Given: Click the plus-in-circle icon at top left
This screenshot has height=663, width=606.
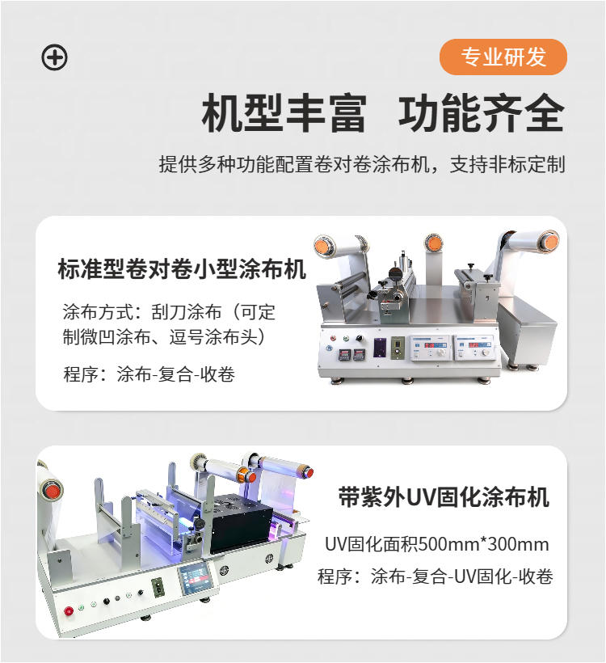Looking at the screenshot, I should pos(54,57).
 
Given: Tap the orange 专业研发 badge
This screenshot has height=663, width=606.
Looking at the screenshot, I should pos(503,57).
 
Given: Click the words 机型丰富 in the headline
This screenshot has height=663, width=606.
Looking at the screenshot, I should pos(284,112).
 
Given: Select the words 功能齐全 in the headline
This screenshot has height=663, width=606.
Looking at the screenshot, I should pos(481,112).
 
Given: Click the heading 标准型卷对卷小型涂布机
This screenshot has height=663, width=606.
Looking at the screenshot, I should pos(183,269).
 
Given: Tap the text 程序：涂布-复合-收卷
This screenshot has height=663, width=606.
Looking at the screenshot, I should pos(149,374).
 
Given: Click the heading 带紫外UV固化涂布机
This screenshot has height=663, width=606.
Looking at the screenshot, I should pos(444,497).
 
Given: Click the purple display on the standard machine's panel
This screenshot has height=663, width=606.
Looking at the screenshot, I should pos(380,348).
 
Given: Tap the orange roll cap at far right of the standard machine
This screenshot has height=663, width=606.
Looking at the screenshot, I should pos(549,240).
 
